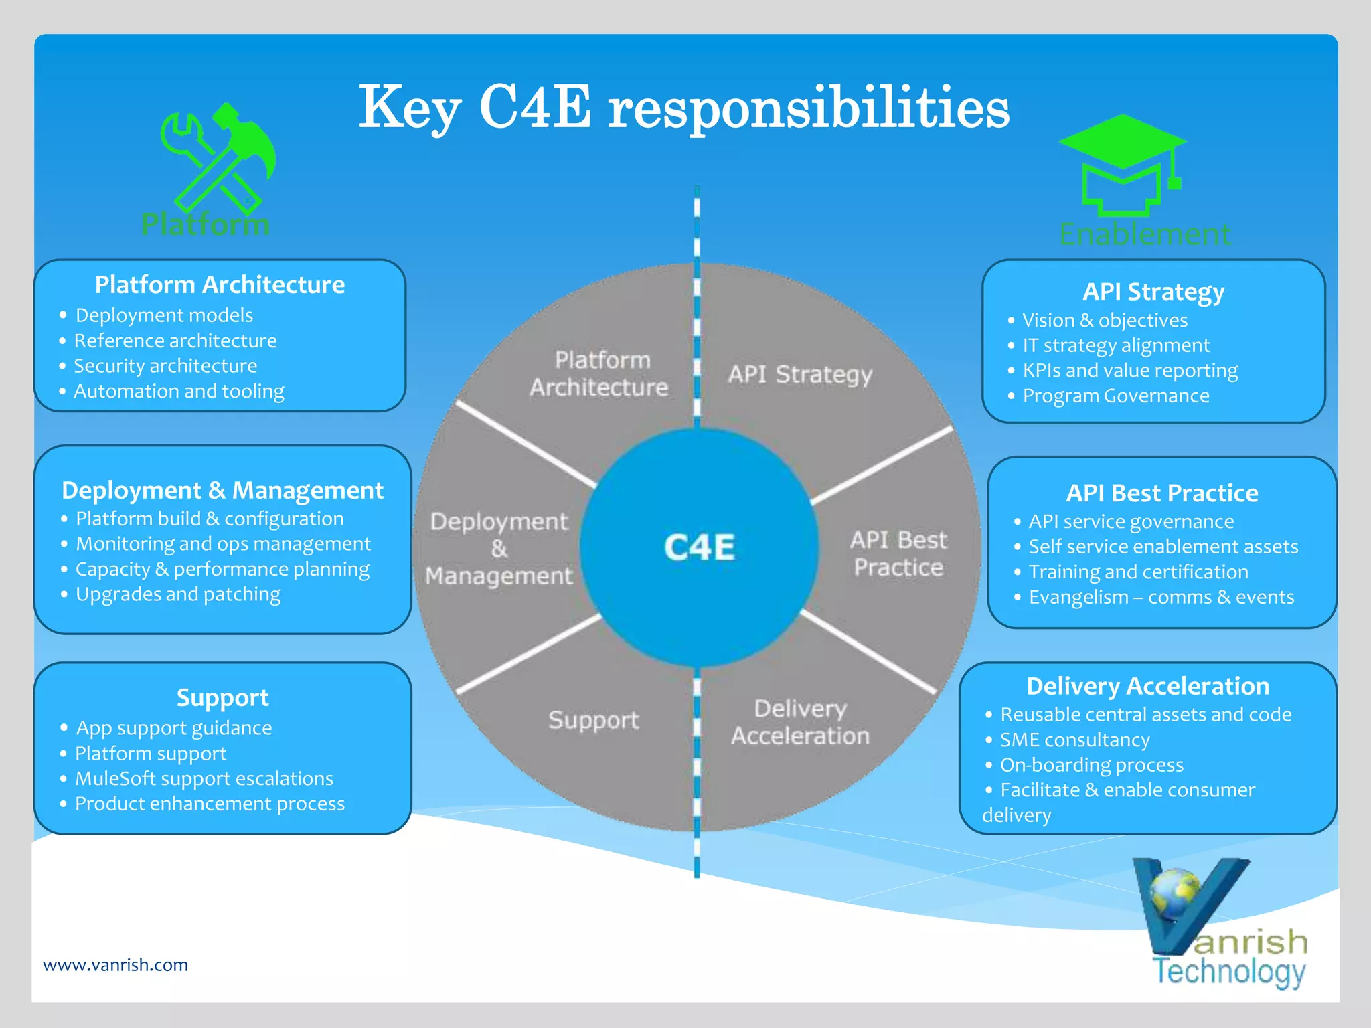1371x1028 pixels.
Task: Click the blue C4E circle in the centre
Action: pyautogui.click(x=699, y=547)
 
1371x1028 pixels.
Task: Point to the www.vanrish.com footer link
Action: pyautogui.click(x=115, y=964)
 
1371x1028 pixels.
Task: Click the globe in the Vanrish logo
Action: pyautogui.click(x=1175, y=893)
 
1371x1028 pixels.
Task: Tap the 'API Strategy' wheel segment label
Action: pyautogui.click(x=800, y=374)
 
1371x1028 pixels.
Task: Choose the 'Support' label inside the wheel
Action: pyautogui.click(x=593, y=720)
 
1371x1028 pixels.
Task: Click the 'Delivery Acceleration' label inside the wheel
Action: pyautogui.click(x=800, y=722)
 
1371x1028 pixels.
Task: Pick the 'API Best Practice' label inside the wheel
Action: pyautogui.click(x=898, y=553)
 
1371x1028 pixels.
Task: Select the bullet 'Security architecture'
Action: pyautogui.click(x=165, y=366)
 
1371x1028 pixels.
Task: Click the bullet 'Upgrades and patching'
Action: pyautogui.click(x=178, y=594)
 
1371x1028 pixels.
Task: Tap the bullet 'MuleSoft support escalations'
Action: pyautogui.click(x=204, y=778)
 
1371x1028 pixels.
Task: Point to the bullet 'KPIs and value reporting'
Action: pyautogui.click(x=1130, y=371)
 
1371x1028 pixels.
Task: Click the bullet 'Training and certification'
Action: pyautogui.click(x=1138, y=572)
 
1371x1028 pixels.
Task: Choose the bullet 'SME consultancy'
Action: pyautogui.click(x=1074, y=740)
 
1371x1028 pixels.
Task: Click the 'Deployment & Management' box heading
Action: pyautogui.click(x=222, y=490)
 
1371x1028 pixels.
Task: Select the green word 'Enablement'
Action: pyautogui.click(x=1145, y=234)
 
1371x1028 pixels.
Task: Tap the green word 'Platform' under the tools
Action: pyautogui.click(x=206, y=224)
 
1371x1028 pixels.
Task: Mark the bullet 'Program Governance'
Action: pyautogui.click(x=1116, y=396)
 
